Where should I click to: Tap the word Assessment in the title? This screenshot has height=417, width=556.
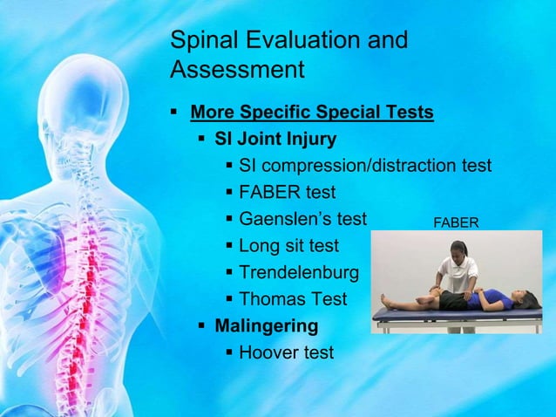pos(237,69)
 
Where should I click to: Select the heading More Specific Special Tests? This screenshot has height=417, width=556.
pos(311,113)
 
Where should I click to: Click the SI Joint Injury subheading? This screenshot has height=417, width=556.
pos(275,139)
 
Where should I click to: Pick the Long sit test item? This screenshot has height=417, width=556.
pos(288,246)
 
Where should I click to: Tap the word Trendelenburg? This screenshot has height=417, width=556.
pos(298,273)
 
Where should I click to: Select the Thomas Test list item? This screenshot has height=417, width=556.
pos(292,299)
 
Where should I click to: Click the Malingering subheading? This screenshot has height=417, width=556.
pos(267,326)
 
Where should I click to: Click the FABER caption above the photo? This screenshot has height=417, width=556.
pos(456,223)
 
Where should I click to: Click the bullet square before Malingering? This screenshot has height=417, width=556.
pos(202,326)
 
